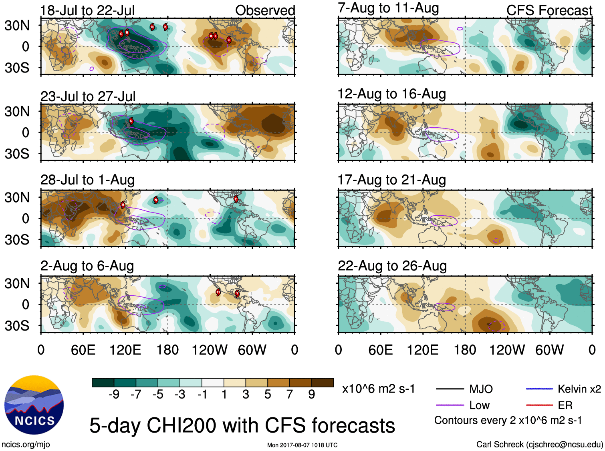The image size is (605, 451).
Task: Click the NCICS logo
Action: click(x=34, y=405)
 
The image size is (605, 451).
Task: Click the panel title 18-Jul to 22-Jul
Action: click(x=87, y=10)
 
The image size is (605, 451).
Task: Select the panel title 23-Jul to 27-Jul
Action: click(x=88, y=96)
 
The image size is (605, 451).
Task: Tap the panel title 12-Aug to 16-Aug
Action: click(x=391, y=94)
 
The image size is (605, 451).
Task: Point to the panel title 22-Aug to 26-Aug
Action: click(x=392, y=266)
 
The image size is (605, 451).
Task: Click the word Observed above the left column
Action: click(x=265, y=10)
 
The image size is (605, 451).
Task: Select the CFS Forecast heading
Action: click(x=549, y=10)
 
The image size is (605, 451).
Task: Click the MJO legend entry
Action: click(x=481, y=389)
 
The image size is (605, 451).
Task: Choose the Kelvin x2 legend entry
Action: click(x=579, y=389)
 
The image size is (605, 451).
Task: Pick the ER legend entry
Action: click(x=565, y=405)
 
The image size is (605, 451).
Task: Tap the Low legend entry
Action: click(x=479, y=405)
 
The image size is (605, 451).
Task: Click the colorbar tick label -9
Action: click(x=114, y=395)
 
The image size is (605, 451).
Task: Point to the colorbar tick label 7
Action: click(x=290, y=395)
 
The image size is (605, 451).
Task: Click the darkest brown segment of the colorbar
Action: click(x=323, y=383)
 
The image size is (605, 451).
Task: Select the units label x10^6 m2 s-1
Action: click(x=378, y=389)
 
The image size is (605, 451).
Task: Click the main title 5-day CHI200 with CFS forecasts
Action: click(x=242, y=425)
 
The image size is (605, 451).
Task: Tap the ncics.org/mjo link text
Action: click(x=26, y=444)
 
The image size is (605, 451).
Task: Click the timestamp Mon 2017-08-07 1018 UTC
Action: click(x=302, y=445)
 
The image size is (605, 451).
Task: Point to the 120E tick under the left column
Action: click(x=125, y=350)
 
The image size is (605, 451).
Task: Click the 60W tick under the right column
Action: click(x=549, y=350)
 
